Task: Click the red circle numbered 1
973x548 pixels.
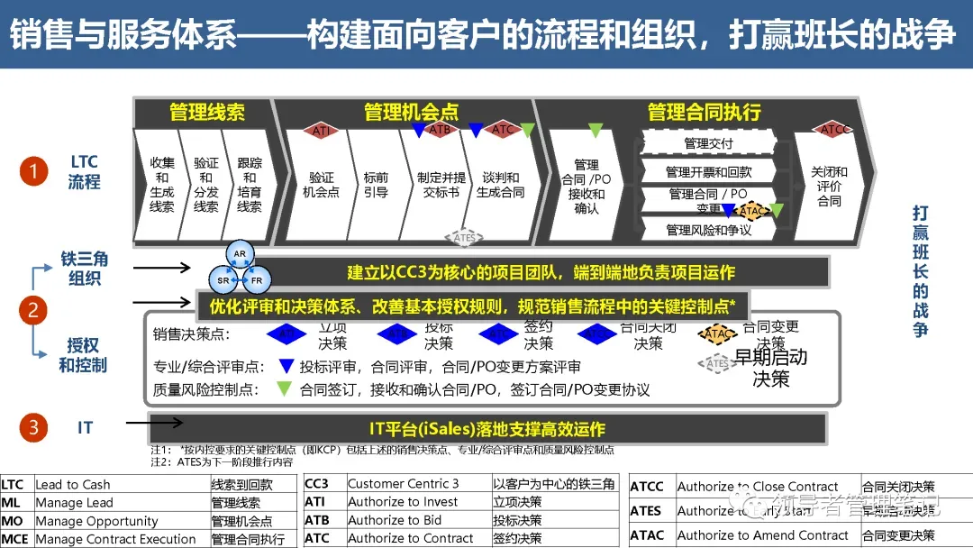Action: [x=33, y=171]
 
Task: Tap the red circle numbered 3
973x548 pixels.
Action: [x=33, y=427]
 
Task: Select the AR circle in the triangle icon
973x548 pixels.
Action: [x=239, y=254]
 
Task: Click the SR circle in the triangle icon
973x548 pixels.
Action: [x=223, y=280]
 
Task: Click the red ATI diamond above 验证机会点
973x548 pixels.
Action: [x=321, y=131]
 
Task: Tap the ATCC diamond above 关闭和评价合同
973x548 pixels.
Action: [x=835, y=130]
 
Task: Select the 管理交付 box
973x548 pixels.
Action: [x=708, y=143]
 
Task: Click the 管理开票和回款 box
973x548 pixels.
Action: [x=708, y=171]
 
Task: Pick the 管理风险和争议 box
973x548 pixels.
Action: [x=708, y=230]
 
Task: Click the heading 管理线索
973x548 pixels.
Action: [x=207, y=112]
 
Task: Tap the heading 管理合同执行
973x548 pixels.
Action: [x=705, y=112]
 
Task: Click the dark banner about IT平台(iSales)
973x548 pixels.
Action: [x=486, y=429]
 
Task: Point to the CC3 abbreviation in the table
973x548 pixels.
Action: [x=316, y=484]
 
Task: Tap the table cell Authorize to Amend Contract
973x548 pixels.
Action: [x=762, y=535]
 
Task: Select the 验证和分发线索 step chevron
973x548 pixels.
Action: [x=206, y=185]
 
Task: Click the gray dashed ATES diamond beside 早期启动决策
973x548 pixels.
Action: [x=718, y=363]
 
